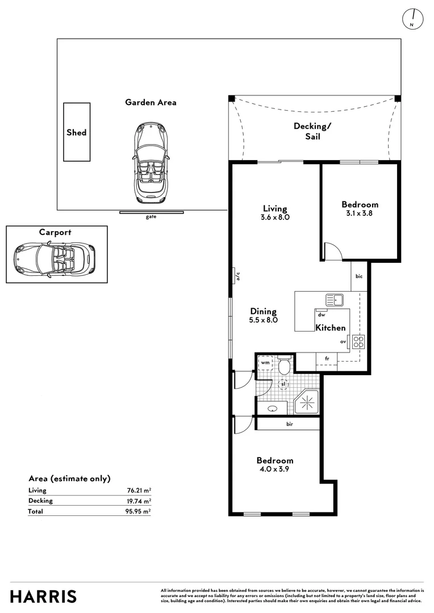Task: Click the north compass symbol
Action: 413,18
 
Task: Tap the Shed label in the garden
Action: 76,132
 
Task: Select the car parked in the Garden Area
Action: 151,162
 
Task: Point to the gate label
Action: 151,217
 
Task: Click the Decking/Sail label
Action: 312,131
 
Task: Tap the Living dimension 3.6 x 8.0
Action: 275,217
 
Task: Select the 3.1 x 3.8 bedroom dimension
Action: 359,213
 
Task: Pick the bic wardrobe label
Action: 359,276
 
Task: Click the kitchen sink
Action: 335,300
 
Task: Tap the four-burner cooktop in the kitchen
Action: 358,342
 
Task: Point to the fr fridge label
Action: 327,359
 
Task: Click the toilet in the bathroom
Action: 284,365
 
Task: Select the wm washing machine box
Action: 265,362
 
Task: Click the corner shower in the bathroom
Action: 307,401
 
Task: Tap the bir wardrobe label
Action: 290,424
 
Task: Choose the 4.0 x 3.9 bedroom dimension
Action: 274,469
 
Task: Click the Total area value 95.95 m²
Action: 138,511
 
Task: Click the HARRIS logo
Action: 43,597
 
